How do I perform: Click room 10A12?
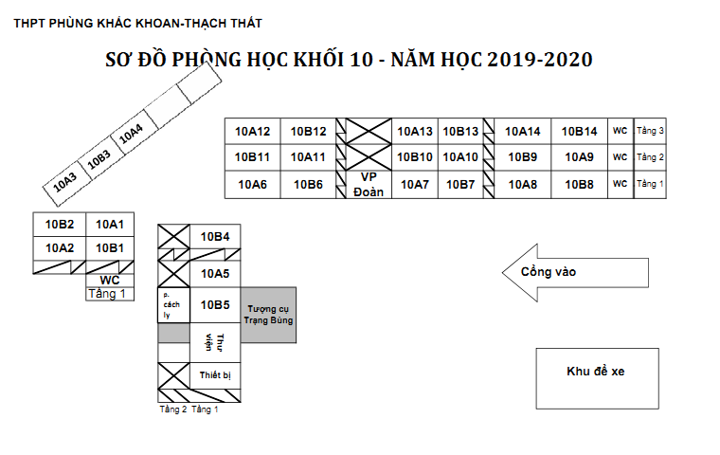click(253, 132)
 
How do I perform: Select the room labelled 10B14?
click(580, 132)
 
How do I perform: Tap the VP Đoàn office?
click(369, 184)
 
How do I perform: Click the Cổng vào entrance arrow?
click(575, 273)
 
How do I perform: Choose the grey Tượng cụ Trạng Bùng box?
click(268, 315)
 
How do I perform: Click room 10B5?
click(215, 304)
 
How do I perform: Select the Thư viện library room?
click(215, 342)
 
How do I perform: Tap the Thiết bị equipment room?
click(215, 375)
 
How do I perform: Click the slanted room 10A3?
click(65, 178)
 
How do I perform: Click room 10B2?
click(60, 225)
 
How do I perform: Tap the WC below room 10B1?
click(109, 280)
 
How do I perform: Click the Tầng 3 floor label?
click(650, 131)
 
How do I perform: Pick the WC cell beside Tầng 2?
click(621, 157)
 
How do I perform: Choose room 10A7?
click(415, 185)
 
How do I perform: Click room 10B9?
click(523, 157)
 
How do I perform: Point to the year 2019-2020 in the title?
click(539, 61)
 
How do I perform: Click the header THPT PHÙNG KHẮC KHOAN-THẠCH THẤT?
click(138, 22)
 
